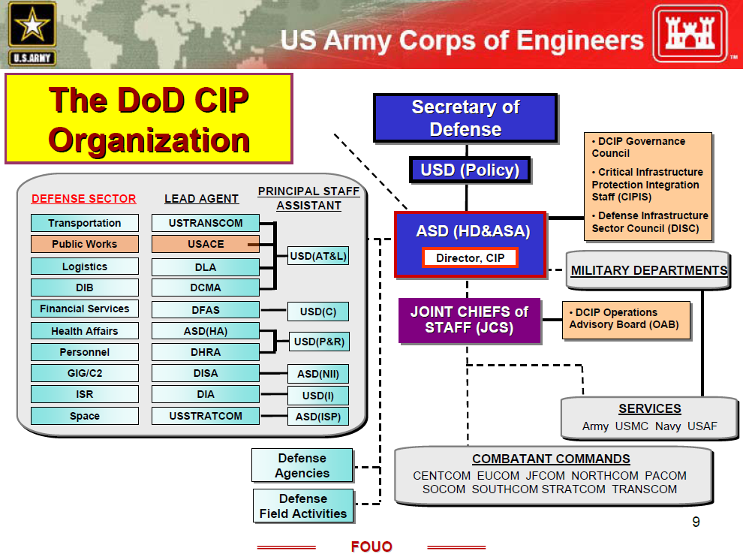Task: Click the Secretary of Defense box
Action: pyautogui.click(x=465, y=118)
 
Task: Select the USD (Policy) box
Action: pyautogui.click(x=470, y=170)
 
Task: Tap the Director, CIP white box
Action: pyautogui.click(x=470, y=258)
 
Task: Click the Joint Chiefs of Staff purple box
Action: pyautogui.click(x=469, y=320)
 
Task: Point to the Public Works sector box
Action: pyautogui.click(x=85, y=244)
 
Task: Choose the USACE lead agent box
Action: pyautogui.click(x=206, y=244)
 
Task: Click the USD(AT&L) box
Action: pyautogui.click(x=319, y=256)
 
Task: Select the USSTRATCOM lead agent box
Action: pyautogui.click(x=206, y=416)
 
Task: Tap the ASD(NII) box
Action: pyautogui.click(x=318, y=373)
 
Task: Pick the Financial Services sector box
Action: pyautogui.click(x=85, y=309)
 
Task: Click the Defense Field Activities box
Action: pyautogui.click(x=302, y=506)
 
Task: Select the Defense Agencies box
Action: pyautogui.click(x=302, y=465)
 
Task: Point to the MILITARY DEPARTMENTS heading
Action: pyautogui.click(x=649, y=270)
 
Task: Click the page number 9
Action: pyautogui.click(x=696, y=522)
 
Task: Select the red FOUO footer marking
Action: pyautogui.click(x=371, y=546)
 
